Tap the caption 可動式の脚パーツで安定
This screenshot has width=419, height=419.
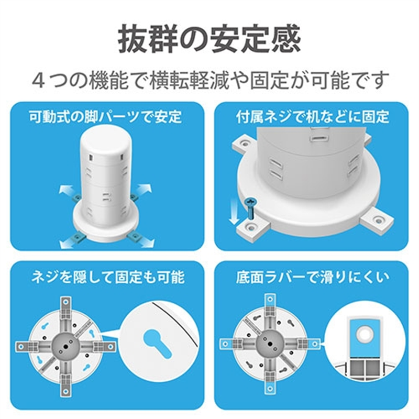[x=105, y=116]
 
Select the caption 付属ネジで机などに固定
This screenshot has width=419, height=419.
[x=312, y=116]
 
